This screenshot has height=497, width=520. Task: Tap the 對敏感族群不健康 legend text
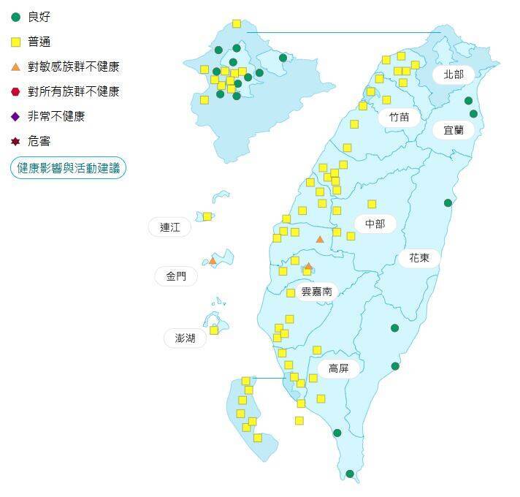coord(73,67)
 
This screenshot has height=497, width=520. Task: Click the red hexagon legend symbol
coord(15,91)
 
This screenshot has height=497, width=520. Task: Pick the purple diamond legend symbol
coord(15,116)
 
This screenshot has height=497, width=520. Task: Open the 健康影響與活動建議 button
coord(68,168)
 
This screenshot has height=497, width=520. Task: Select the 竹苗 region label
coord(399,116)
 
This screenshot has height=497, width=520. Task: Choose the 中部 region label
coord(375,224)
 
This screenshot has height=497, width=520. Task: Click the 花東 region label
coord(419,257)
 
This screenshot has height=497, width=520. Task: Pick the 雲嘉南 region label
coord(317,291)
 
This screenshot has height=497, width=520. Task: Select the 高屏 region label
coord(338,368)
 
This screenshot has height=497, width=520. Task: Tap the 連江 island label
coord(169,227)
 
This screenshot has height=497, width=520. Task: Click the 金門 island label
coord(176,276)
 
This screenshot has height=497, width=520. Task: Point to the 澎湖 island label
coord(185,338)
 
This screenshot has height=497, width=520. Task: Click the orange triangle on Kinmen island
coord(213,260)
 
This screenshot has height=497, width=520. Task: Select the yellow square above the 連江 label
coord(207,216)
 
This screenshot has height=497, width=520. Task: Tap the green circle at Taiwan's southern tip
coord(350,474)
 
